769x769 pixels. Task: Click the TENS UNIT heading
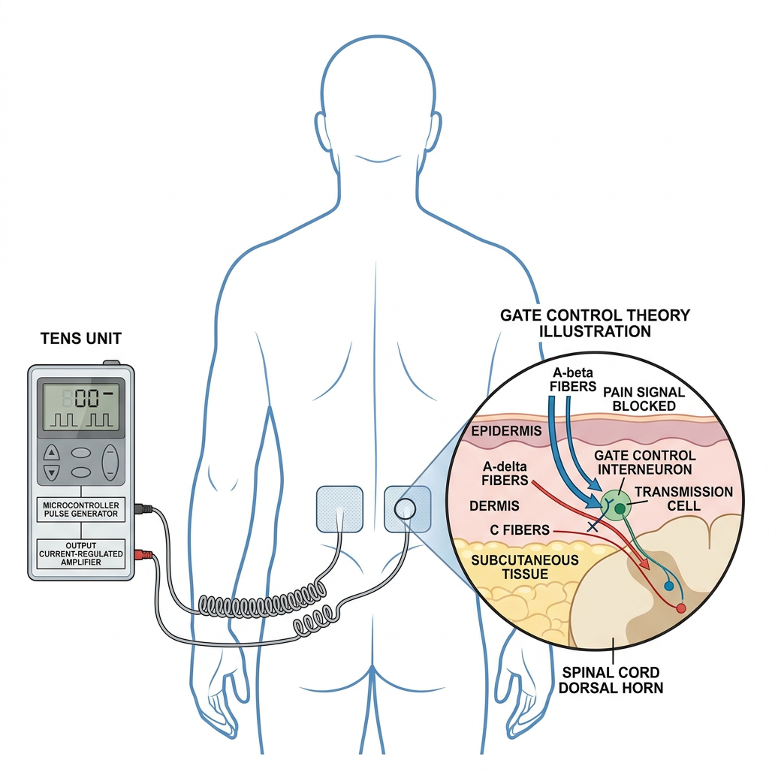tap(81, 339)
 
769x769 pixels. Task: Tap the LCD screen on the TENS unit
tap(81, 405)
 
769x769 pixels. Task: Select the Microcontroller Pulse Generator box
tap(81, 510)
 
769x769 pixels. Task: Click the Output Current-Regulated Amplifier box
tap(81, 553)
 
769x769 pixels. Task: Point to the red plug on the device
tap(143, 555)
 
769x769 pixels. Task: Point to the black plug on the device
tap(143, 509)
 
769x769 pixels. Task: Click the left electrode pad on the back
tap(339, 509)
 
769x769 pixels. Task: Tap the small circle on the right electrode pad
tap(405, 509)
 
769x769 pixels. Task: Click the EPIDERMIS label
tap(506, 431)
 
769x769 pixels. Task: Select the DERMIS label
tap(494, 506)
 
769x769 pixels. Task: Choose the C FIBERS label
tap(520, 530)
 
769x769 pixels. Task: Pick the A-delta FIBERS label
tap(505, 473)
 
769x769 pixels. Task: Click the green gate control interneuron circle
tap(616, 505)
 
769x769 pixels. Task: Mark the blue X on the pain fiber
tap(593, 526)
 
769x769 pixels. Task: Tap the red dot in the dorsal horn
tap(680, 608)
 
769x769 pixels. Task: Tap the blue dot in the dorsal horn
tap(668, 586)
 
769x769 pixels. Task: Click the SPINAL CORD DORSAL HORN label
tap(611, 680)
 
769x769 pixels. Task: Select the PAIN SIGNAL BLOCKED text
tap(644, 400)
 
